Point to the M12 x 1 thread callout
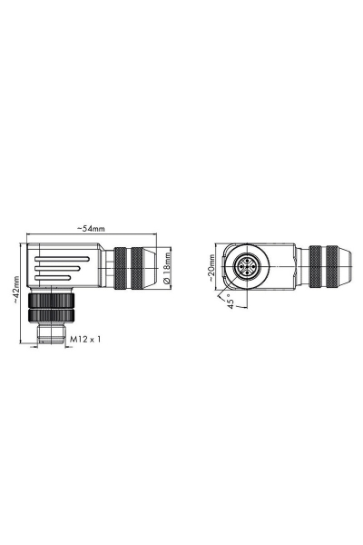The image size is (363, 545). tap(86, 339)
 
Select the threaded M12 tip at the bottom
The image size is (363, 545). tap(48, 337)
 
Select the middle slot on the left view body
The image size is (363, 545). tap(56, 269)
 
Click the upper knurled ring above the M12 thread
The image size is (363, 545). tap(47, 301)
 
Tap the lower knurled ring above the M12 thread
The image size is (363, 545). tap(47, 316)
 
